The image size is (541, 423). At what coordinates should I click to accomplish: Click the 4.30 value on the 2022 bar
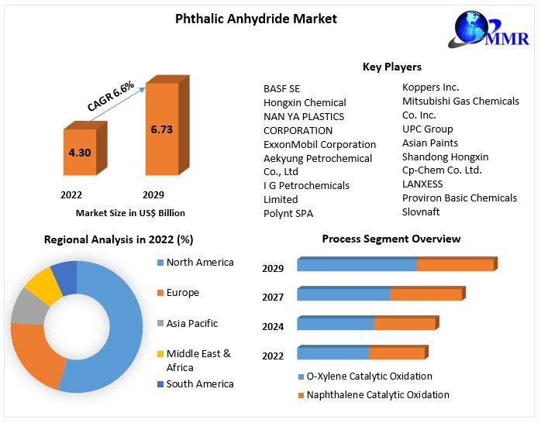pos(80,153)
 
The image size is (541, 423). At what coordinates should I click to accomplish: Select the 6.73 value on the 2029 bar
pos(161,129)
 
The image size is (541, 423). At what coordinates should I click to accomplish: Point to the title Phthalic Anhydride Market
pos(255,19)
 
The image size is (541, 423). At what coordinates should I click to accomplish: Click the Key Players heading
pos(391,67)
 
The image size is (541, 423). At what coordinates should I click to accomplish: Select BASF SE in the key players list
pos(281,88)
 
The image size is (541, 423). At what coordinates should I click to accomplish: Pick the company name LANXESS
pos(422,184)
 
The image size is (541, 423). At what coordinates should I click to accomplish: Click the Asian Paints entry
pos(430,143)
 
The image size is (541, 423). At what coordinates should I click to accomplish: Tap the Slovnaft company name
pos(421,211)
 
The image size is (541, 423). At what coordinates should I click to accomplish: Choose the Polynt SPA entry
pos(288,213)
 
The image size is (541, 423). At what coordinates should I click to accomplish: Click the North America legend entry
pos(199,263)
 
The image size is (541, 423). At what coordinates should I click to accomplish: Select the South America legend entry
pos(199,383)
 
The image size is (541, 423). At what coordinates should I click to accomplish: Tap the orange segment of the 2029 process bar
pos(455,265)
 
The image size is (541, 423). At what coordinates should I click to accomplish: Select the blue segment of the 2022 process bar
pos(333,353)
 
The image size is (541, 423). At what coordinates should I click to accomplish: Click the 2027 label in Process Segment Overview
pos(273,297)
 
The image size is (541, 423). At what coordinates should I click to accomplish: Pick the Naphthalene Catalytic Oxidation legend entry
pos(377,395)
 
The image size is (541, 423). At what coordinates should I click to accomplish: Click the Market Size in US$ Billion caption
pos(130,213)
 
